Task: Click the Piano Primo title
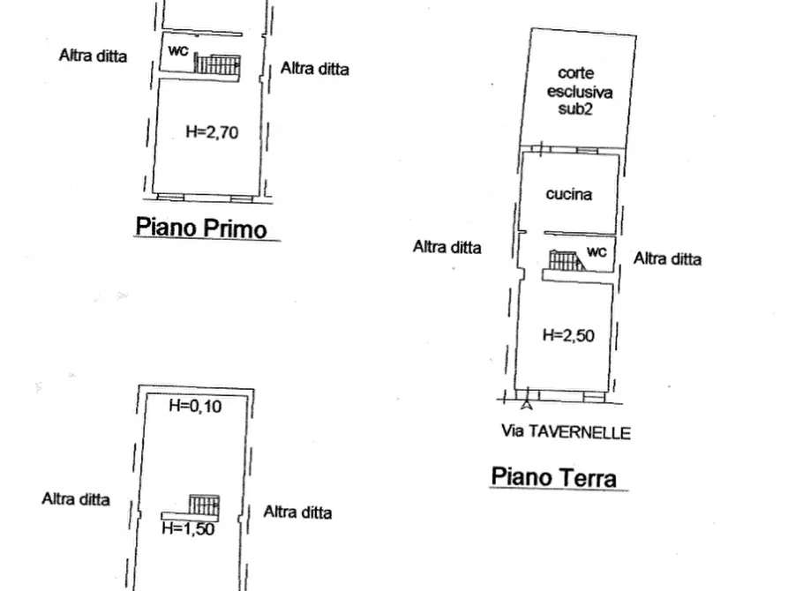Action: [200, 228]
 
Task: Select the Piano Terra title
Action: [553, 477]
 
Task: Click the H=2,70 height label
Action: [213, 132]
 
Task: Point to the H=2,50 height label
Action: [567, 335]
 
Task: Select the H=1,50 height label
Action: [189, 529]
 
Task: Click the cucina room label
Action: [568, 195]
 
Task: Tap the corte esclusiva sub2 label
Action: [579, 91]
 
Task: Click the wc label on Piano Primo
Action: [178, 51]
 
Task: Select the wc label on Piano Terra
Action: [597, 251]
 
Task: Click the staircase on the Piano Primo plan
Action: [217, 64]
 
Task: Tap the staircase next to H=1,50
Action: [203, 506]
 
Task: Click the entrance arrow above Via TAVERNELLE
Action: [527, 406]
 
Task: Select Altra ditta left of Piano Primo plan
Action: [93, 56]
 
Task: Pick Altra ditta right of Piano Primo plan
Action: [315, 69]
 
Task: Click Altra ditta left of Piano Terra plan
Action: [447, 248]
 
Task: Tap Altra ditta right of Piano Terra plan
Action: [668, 258]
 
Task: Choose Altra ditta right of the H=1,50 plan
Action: [298, 512]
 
